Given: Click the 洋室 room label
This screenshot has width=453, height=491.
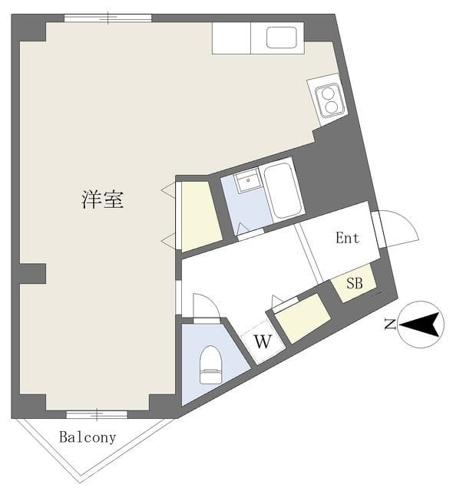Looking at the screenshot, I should (x=102, y=200).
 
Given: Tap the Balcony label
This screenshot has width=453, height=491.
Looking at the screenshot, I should (x=88, y=438).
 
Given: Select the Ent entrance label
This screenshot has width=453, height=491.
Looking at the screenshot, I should (x=347, y=238).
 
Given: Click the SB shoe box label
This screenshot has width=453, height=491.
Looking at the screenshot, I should (x=354, y=282).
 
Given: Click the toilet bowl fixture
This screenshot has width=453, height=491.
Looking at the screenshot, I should (x=210, y=364).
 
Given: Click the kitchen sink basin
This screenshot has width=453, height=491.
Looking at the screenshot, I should (x=282, y=38).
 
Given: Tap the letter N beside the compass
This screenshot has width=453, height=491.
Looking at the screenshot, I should (x=390, y=325).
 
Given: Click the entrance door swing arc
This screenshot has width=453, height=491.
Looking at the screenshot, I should (x=401, y=229).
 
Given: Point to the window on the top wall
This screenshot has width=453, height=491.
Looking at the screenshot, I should (x=107, y=18).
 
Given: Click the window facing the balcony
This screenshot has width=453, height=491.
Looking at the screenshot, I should (x=96, y=415).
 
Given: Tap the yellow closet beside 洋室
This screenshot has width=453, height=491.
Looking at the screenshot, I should (x=199, y=216).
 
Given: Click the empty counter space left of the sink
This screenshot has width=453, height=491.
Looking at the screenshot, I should (x=231, y=38).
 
